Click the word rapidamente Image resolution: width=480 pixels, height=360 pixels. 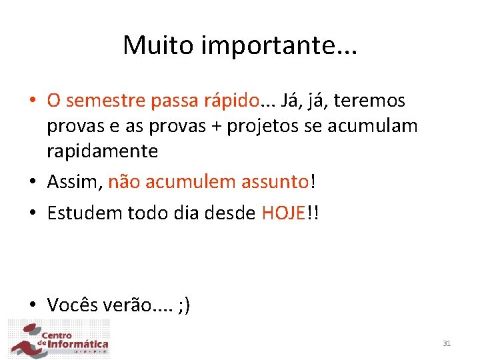click(x=102, y=151)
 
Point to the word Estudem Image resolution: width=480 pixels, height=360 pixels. click(x=83, y=213)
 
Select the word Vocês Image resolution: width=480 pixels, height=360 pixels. click(x=73, y=305)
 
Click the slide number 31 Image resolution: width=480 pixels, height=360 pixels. click(x=447, y=343)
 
